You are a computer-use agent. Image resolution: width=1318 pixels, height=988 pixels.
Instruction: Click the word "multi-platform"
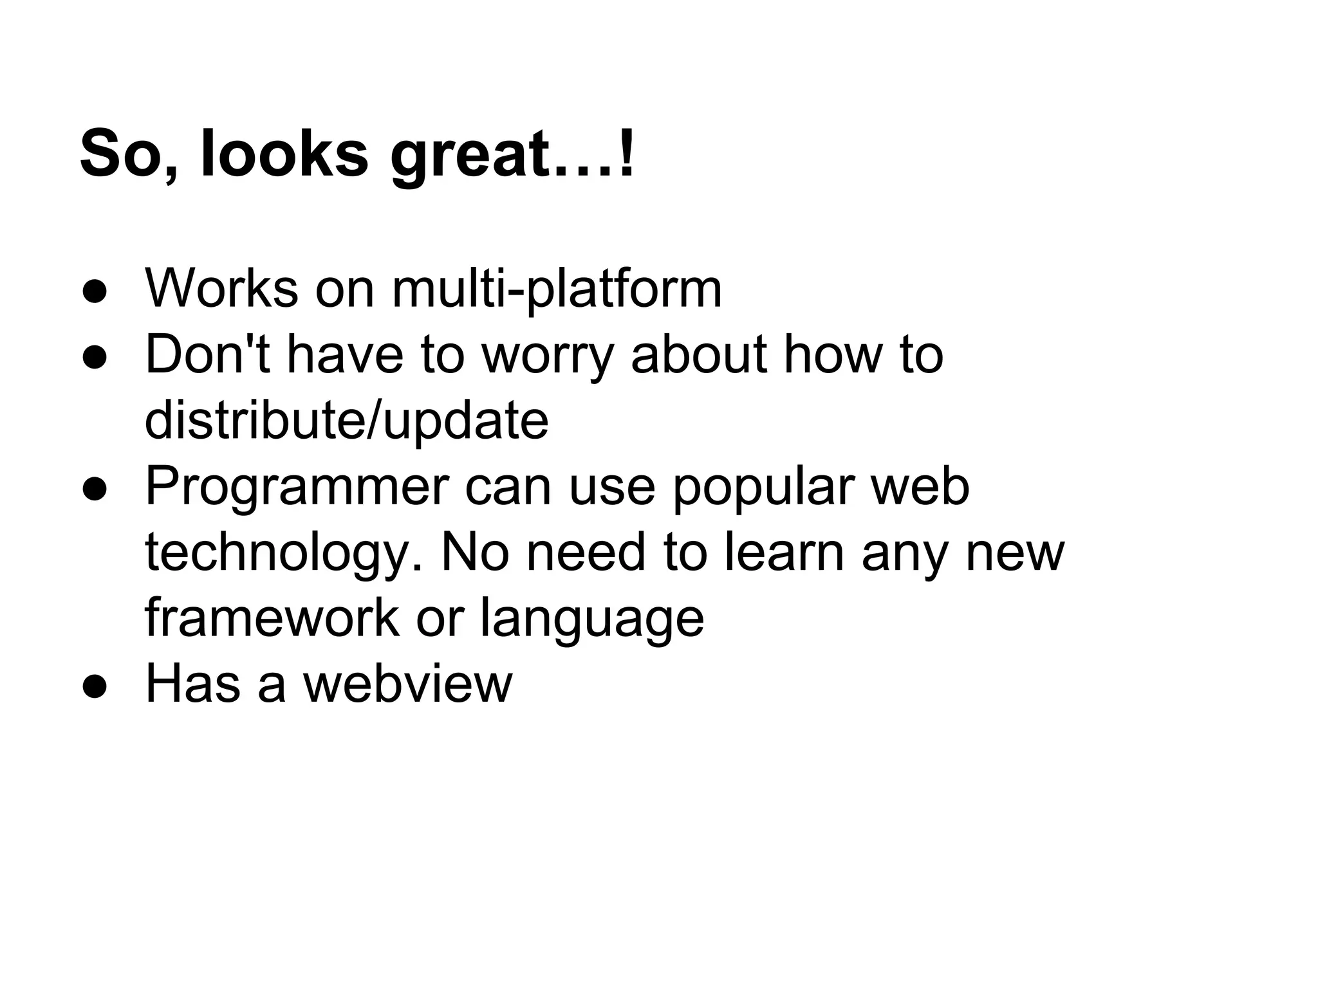coord(557,289)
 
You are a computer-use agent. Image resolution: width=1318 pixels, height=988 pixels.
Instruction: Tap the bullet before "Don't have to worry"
coord(94,358)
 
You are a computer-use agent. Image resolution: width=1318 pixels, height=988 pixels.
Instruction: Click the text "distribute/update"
coord(346,421)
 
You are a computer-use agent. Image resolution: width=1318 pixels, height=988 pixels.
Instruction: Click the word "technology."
coord(284,554)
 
